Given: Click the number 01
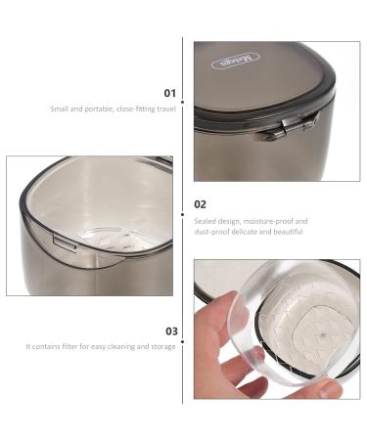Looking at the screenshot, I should click(169, 93).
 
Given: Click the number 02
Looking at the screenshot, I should click(200, 204).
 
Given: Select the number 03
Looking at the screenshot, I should click(169, 330).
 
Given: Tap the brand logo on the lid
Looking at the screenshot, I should click(229, 61).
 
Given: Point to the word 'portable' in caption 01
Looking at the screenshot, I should click(96, 109).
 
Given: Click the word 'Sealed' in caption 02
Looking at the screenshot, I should click(206, 221).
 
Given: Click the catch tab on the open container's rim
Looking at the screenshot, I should click(60, 239).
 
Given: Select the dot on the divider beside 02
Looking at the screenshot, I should click(184, 210).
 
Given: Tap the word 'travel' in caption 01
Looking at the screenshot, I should click(164, 109).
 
